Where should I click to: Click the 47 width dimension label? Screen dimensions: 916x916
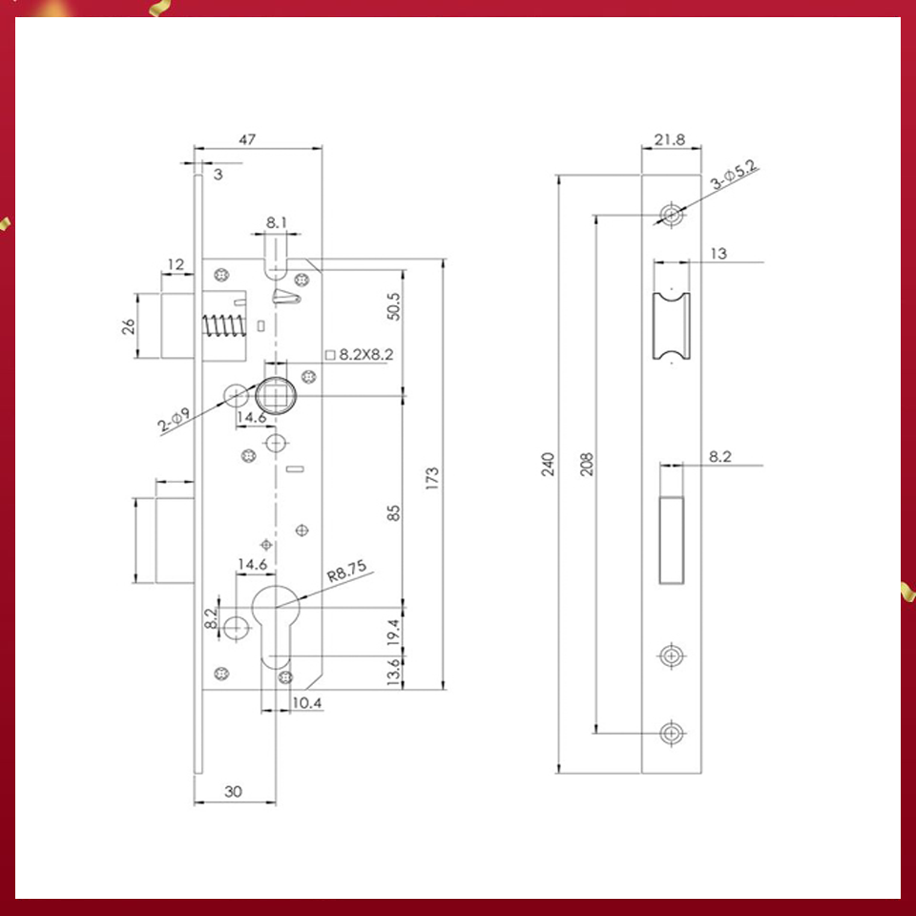247,139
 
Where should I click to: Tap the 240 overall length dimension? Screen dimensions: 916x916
548,464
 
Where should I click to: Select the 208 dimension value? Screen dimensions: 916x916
586,464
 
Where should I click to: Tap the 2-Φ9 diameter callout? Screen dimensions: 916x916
176,419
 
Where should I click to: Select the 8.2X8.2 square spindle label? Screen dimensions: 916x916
360,354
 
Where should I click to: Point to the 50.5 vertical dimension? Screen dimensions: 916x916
392,306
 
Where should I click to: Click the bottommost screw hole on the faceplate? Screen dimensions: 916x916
672,733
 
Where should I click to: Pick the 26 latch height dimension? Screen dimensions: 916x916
128,326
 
